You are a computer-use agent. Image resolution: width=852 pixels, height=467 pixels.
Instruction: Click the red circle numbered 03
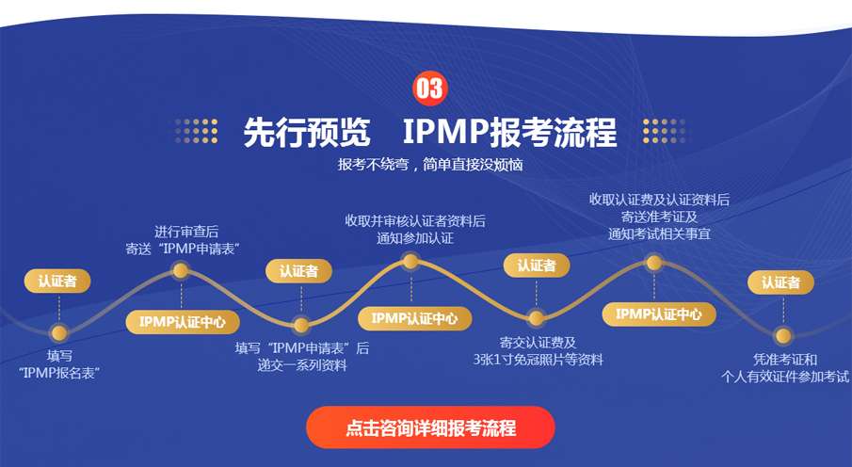point(430,89)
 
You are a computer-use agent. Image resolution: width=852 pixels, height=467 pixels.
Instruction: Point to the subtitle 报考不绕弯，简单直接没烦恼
point(430,165)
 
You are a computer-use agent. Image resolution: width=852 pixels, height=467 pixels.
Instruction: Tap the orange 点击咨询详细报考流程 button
point(430,427)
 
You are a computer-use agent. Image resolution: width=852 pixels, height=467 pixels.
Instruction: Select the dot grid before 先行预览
point(196,131)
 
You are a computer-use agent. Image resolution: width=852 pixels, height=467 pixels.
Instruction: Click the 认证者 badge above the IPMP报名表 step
point(57,282)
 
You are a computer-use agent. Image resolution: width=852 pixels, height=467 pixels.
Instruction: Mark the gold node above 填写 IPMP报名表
point(58,332)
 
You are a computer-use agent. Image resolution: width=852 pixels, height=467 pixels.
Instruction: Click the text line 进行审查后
point(186,233)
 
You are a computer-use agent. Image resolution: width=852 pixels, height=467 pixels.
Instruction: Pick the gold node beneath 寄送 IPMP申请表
point(181,270)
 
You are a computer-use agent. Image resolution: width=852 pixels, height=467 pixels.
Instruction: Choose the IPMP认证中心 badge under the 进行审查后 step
point(183,322)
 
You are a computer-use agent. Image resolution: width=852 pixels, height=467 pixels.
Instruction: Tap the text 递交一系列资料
point(301,365)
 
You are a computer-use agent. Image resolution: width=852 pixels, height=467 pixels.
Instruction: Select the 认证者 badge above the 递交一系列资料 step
point(298,271)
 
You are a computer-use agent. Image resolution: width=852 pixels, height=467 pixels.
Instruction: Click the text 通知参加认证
point(415,238)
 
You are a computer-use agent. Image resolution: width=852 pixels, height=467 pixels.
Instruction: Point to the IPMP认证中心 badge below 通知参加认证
point(414,318)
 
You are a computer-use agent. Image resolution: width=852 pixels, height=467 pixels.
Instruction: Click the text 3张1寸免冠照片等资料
point(538,360)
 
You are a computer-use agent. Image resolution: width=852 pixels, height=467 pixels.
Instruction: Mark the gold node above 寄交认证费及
point(536,318)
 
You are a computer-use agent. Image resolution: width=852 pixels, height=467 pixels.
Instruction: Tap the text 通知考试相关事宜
point(659,234)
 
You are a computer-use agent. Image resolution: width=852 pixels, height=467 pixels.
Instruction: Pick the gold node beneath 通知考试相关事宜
point(654,263)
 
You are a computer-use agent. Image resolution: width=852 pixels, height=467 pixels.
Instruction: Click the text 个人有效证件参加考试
point(784,377)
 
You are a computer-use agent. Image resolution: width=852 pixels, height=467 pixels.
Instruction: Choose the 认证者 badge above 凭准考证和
point(780,282)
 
